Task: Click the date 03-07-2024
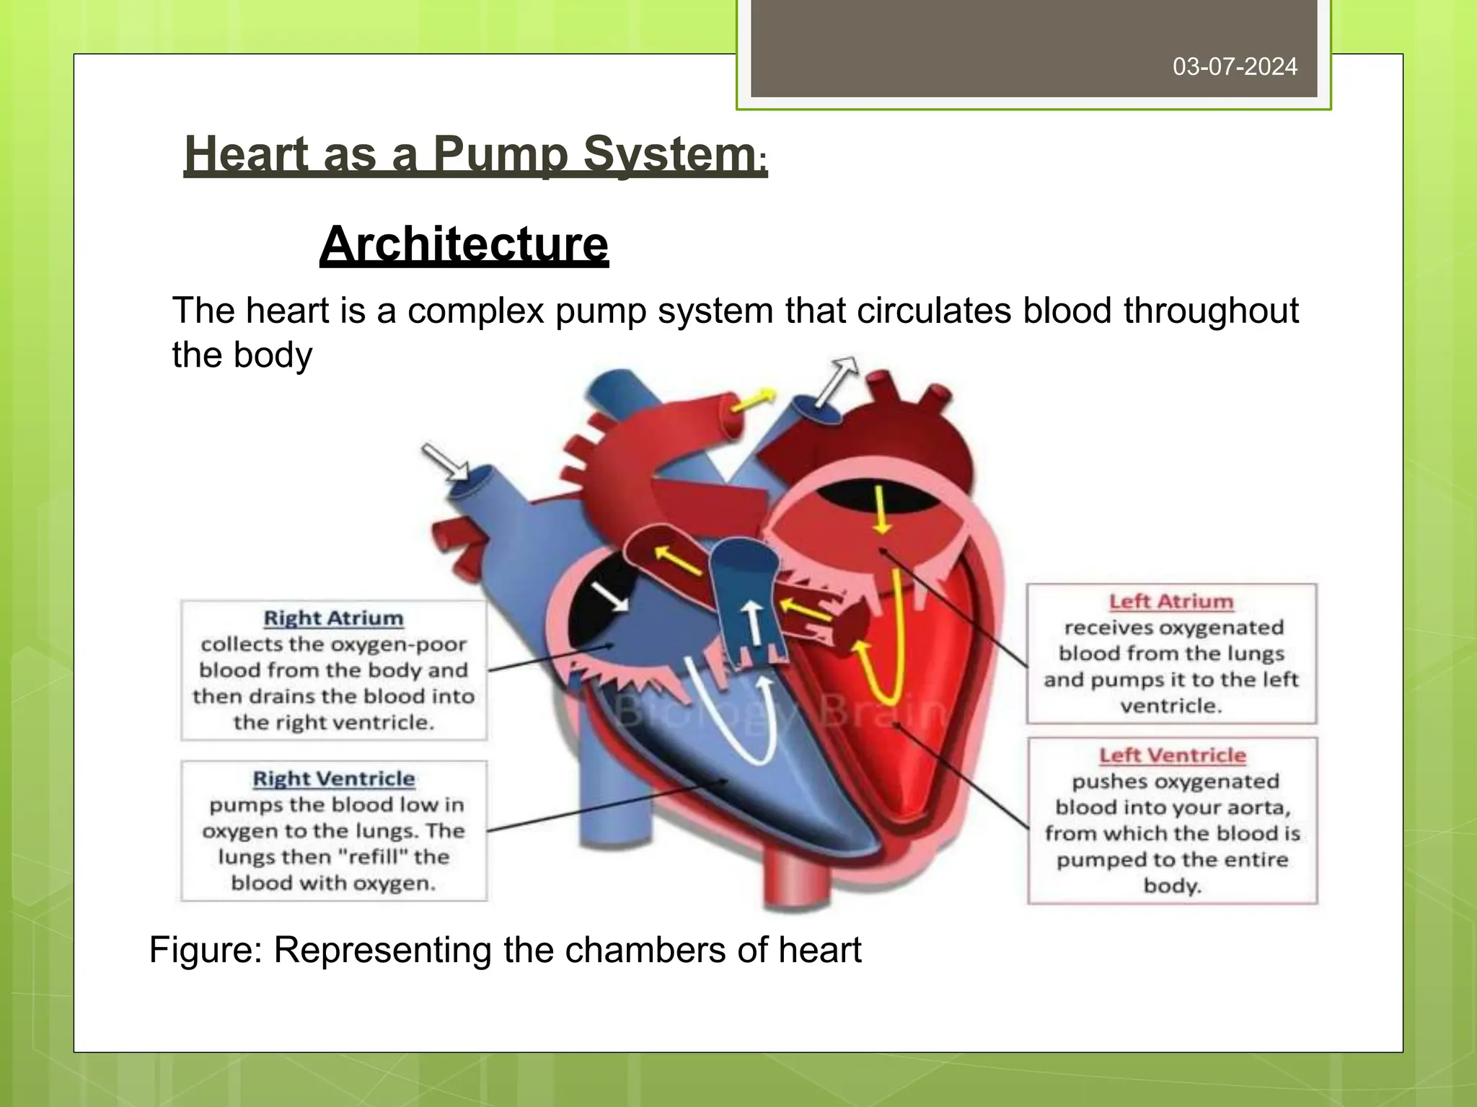tap(1235, 67)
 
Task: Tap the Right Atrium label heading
tap(333, 618)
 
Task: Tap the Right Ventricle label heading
tap(334, 779)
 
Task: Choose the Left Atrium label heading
tap(1171, 602)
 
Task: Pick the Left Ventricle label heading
tap(1172, 755)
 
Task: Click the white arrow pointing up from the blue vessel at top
tap(839, 378)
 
